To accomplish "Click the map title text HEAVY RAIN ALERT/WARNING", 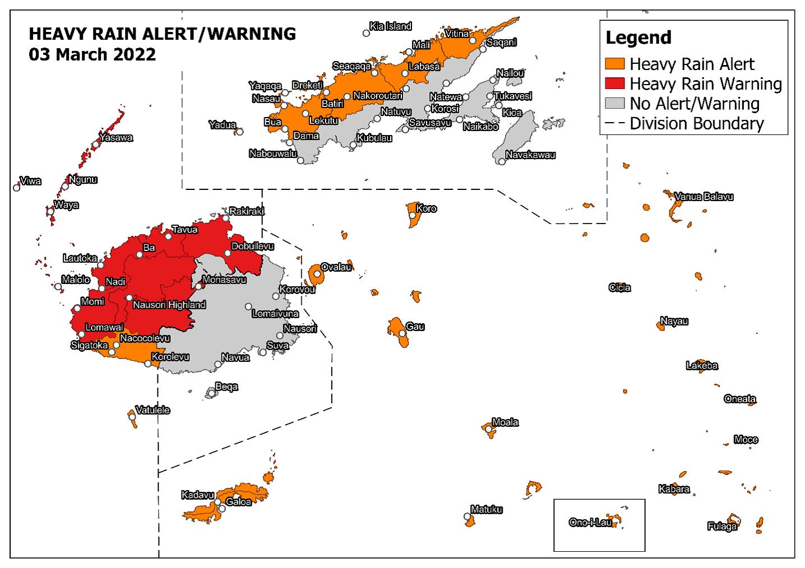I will [162, 34].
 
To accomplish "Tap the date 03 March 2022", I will [92, 55].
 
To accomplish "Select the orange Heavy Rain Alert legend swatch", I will [615, 64].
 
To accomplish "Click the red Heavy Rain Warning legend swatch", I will [615, 83].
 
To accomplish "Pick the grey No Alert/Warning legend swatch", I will [615, 103].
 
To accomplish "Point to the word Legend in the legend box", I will [638, 38].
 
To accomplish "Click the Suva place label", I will [277, 346].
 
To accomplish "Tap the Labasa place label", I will [424, 67].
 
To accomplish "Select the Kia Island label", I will [391, 26].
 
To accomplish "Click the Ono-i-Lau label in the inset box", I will [590, 523].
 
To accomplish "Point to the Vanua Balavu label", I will [704, 197].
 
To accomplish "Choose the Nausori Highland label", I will [169, 305].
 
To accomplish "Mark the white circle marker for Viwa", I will [17, 188].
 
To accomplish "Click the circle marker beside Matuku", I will [467, 516].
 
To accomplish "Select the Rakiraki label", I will [247, 212].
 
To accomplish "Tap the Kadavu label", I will [197, 495].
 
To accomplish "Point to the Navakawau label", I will [530, 155].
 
